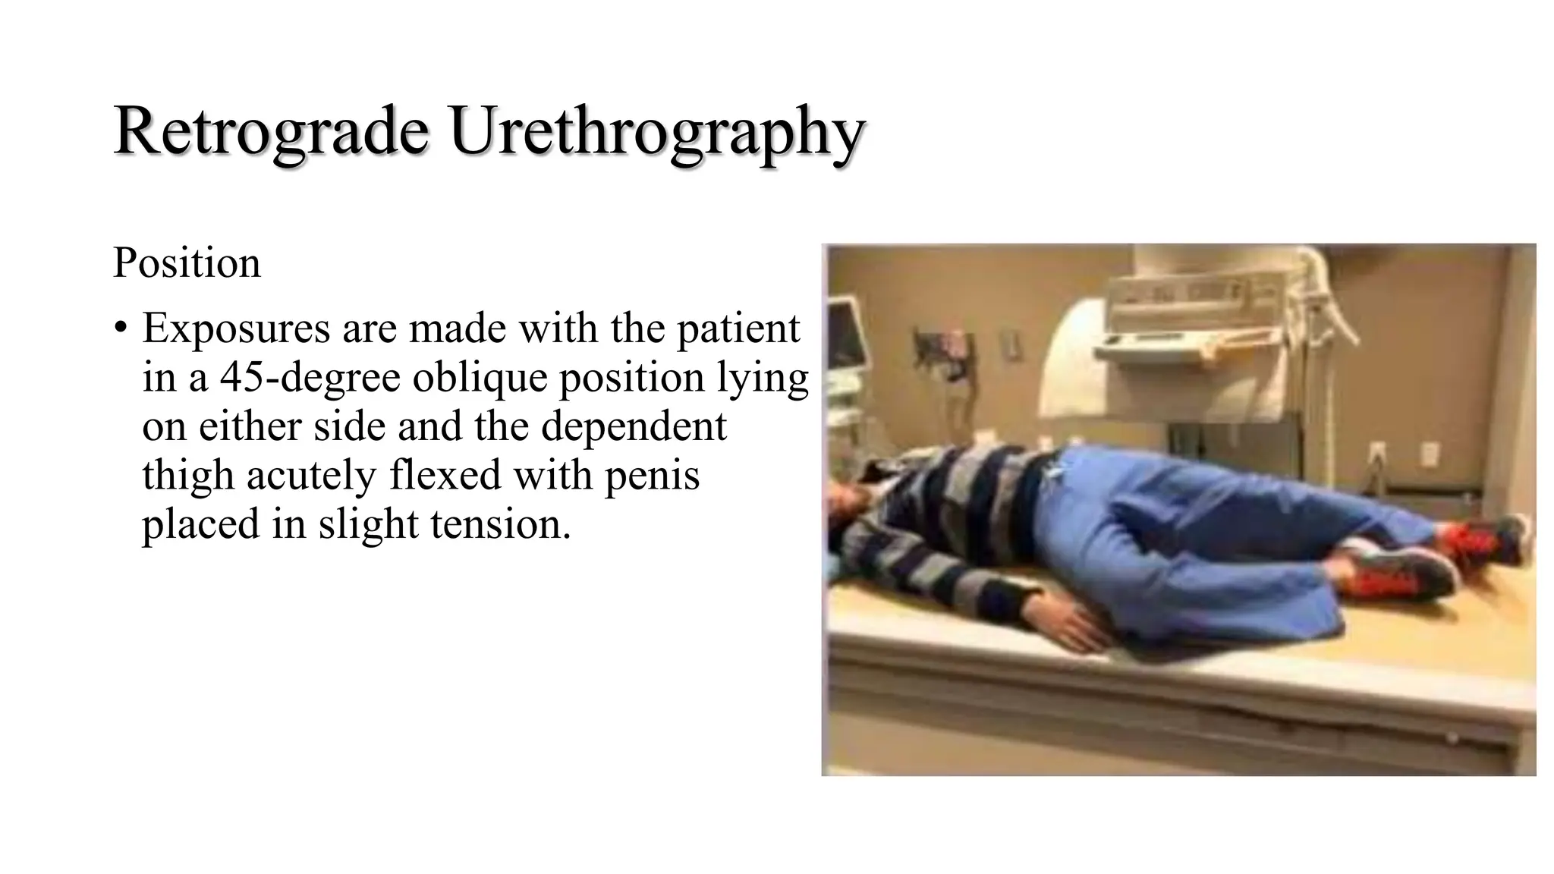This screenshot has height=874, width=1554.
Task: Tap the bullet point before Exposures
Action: click(120, 329)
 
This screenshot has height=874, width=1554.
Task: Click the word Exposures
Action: click(235, 329)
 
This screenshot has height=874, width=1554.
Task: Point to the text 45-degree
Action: click(310, 377)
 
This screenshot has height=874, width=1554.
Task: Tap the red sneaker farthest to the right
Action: click(1487, 540)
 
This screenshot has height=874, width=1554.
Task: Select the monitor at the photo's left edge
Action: click(842, 334)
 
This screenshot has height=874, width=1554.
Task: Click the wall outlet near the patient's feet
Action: click(1429, 455)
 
